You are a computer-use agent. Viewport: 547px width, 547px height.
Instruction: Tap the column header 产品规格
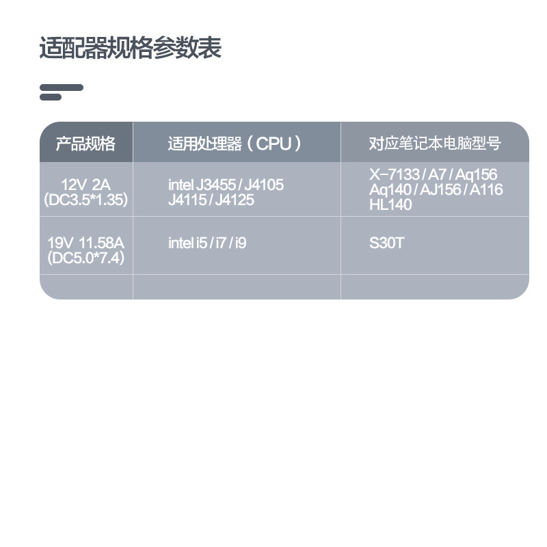click(85, 144)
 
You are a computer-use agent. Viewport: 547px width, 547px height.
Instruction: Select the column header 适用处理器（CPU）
click(235, 144)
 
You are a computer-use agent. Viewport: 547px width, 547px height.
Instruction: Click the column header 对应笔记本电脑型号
click(435, 144)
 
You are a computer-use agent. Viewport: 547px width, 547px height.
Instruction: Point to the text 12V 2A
click(85, 184)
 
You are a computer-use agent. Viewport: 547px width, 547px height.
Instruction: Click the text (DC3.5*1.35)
click(85, 200)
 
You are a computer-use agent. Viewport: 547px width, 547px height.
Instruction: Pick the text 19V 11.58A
click(85, 243)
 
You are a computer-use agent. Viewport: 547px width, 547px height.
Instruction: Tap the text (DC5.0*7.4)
click(85, 259)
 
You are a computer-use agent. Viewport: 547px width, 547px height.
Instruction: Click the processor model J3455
click(215, 185)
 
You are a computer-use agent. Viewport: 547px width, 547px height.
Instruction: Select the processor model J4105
click(264, 185)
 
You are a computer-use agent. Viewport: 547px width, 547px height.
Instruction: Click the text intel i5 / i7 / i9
click(207, 243)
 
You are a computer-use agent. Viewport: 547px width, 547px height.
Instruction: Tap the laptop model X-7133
click(395, 175)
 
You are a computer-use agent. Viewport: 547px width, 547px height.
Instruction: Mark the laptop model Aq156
click(477, 175)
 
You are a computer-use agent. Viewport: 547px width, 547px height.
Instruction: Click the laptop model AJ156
click(441, 189)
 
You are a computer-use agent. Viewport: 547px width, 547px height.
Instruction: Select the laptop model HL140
click(390, 204)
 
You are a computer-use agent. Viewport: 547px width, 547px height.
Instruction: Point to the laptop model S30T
click(386, 243)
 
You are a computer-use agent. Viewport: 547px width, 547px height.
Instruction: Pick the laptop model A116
click(486, 189)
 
